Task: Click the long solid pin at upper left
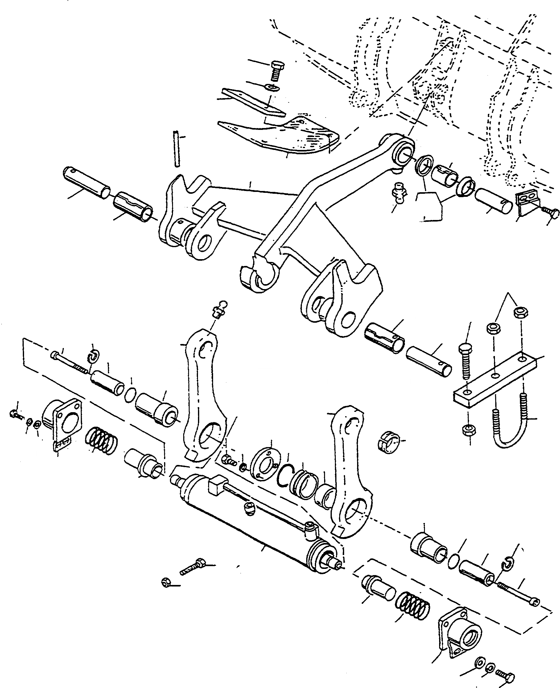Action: point(86,182)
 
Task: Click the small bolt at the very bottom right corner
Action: point(505,675)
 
